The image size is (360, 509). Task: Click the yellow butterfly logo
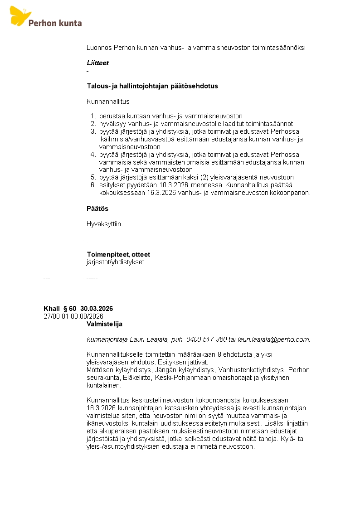tap(20, 16)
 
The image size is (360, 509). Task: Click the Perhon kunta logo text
tap(55, 23)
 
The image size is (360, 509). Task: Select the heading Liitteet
tap(97, 63)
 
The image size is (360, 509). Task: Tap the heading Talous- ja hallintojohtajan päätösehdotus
tap(152, 86)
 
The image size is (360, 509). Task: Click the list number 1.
tap(92, 116)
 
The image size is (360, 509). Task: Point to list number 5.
tap(92, 177)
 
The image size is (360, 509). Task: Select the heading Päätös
tap(97, 208)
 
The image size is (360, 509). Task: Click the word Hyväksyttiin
tap(105, 224)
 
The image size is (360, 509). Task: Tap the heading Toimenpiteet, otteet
tap(118, 254)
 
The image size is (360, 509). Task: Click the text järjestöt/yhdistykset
tap(115, 262)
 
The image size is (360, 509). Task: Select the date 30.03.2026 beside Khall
tap(97, 309)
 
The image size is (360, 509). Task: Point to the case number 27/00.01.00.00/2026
tap(73, 316)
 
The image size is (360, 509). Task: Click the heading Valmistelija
tap(104, 324)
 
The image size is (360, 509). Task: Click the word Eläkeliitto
tap(138, 377)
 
